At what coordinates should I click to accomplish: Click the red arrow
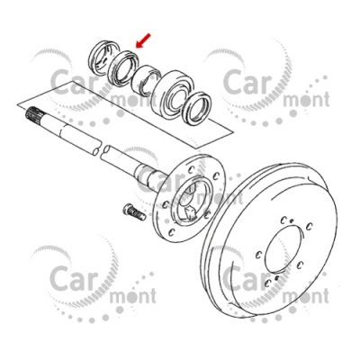pos(143,40)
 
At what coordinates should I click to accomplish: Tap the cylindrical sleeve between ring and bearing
pos(147,80)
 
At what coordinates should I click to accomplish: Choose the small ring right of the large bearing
pos(197,109)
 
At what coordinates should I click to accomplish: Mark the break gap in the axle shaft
pos(102,149)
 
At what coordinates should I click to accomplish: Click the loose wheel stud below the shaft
pos(134,211)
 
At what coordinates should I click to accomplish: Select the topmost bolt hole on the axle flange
pos(192,170)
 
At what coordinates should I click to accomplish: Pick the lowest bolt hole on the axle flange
pos(171,232)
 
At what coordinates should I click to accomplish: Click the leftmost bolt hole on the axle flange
pos(165,205)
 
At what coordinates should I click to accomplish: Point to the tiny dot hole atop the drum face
pos(292,221)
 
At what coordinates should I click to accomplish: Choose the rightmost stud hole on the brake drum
pos(310,225)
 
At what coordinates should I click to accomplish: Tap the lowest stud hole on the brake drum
pos(267,283)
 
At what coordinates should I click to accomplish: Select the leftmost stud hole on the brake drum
pos(257,255)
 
